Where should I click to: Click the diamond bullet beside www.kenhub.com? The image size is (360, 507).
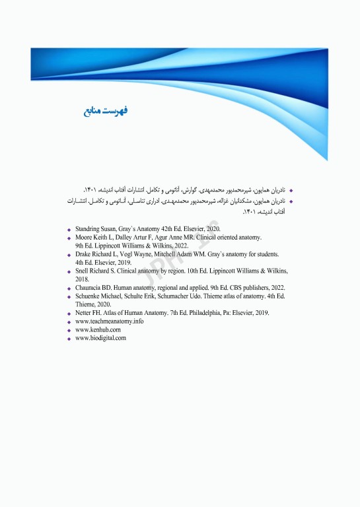pos(69,330)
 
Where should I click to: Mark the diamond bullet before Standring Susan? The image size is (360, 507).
pos(69,229)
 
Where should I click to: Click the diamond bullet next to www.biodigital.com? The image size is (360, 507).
pos(69,339)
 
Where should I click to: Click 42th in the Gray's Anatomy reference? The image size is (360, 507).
pos(172,228)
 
